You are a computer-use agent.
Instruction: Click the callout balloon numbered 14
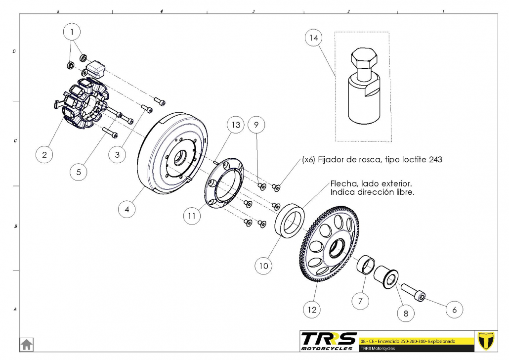pyautogui.click(x=313, y=38)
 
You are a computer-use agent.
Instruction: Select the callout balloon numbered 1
pyautogui.click(x=73, y=32)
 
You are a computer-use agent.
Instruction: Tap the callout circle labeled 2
pyautogui.click(x=44, y=155)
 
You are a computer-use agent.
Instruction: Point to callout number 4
pyautogui.click(x=127, y=209)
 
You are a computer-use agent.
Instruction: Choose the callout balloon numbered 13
pyautogui.click(x=236, y=125)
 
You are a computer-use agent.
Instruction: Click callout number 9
pyautogui.click(x=256, y=125)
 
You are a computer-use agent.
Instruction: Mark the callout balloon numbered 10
pyautogui.click(x=264, y=266)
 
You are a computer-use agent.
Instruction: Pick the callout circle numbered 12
pyautogui.click(x=312, y=310)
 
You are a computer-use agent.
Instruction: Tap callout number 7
pyautogui.click(x=360, y=300)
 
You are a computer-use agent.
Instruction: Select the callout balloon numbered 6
pyautogui.click(x=454, y=310)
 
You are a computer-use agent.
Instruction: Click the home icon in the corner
pyautogui.click(x=26, y=344)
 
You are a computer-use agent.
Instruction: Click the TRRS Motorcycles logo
pyautogui.click(x=329, y=341)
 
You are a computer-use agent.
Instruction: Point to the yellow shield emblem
pyautogui.click(x=487, y=341)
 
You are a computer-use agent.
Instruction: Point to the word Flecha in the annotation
pyautogui.click(x=343, y=183)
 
